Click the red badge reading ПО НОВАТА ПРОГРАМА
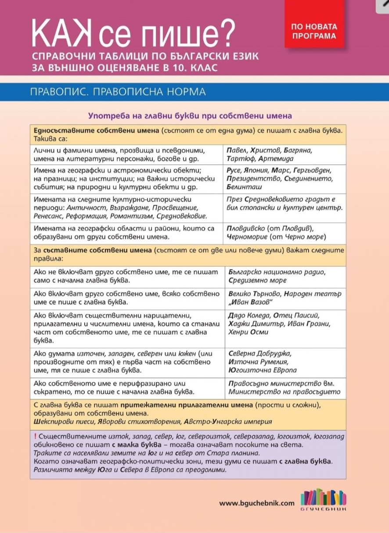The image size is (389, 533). click(x=313, y=31)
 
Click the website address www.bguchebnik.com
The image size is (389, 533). click(x=257, y=504)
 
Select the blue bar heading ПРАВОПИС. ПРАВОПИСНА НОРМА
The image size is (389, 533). click(x=118, y=92)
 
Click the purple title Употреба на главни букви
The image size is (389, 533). click(x=190, y=116)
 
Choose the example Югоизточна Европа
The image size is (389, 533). click(x=263, y=371)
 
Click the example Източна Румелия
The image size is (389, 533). click(x=258, y=362)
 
